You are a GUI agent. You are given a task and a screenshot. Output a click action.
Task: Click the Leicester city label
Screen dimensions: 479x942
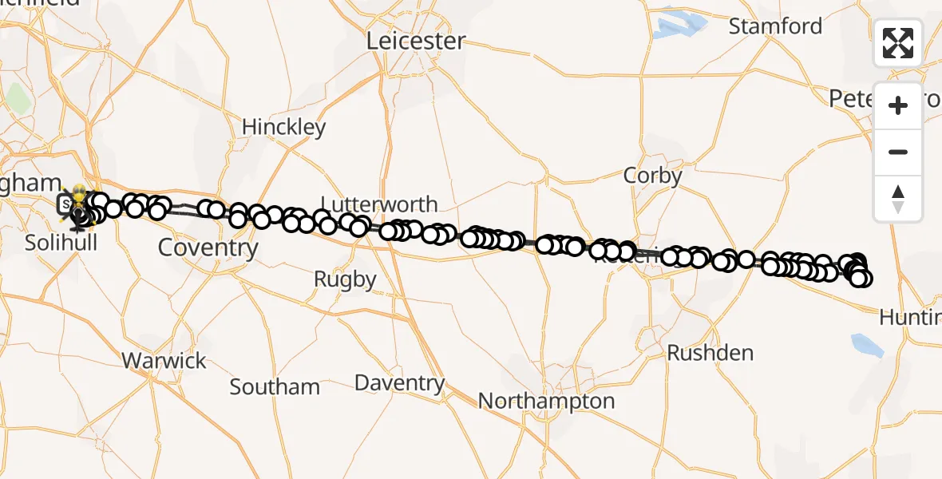tap(416, 41)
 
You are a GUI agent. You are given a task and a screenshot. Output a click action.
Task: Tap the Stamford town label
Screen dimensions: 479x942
tap(775, 26)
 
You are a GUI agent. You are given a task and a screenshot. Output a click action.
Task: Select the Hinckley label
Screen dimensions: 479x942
tap(283, 127)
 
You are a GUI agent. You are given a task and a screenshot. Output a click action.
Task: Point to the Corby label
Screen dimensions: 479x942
tap(652, 176)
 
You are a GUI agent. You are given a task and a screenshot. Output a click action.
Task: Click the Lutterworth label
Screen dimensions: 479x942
tap(378, 204)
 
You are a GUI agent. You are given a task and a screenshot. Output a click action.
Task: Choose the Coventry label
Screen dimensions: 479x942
tap(208, 247)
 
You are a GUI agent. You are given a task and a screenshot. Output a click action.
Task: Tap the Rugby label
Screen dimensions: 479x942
tap(345, 279)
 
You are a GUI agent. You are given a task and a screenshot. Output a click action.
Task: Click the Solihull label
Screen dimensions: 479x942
tap(61, 242)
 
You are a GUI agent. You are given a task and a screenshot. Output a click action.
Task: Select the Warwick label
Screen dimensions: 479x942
tap(164, 361)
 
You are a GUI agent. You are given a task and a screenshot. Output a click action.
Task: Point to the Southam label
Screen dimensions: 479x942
tap(275, 387)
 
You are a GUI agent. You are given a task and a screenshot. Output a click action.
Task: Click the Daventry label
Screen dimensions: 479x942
tap(399, 383)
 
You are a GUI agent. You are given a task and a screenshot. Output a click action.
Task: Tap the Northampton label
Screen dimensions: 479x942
tap(547, 400)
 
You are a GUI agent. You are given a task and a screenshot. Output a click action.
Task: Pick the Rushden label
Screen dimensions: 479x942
tap(710, 353)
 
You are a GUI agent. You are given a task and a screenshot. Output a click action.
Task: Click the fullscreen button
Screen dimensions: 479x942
tap(898, 43)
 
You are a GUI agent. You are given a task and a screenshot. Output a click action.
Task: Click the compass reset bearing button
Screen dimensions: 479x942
tap(898, 199)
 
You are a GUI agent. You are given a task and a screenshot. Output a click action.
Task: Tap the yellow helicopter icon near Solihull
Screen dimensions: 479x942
tap(80, 194)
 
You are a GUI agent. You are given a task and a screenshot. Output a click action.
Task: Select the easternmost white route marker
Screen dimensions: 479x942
tap(863, 279)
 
